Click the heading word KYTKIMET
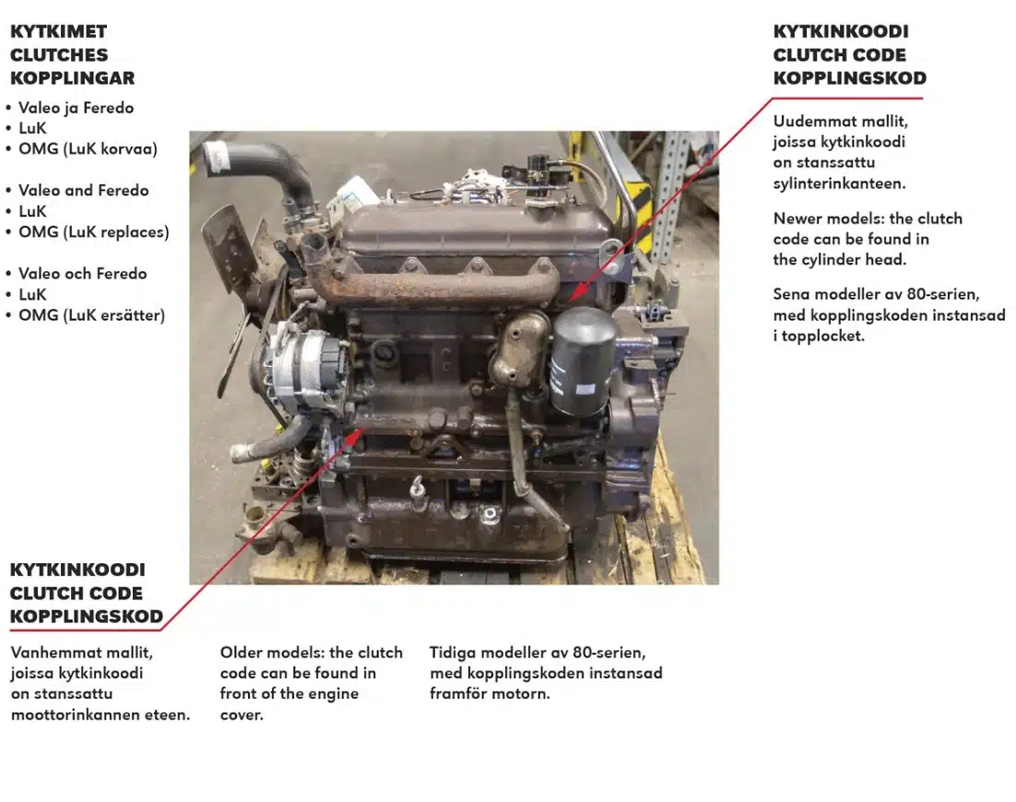tap(58, 31)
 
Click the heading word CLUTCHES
tap(59, 54)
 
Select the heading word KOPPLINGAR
tap(73, 77)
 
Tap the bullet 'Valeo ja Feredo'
tap(76, 108)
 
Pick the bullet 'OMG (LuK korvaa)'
tap(89, 149)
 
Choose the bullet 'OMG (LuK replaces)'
tap(94, 232)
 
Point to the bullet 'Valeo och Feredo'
tap(82, 274)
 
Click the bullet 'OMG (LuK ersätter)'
tap(91, 315)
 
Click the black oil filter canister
tap(581, 360)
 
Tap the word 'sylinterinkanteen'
tap(839, 183)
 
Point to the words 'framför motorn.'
tap(490, 694)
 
